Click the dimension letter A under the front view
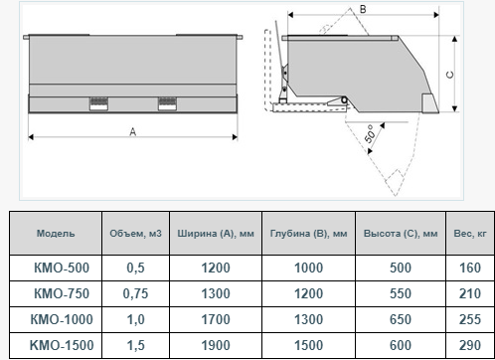[133, 132]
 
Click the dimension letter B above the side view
[363, 9]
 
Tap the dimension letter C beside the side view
[450, 75]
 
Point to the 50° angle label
[371, 134]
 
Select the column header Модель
[56, 234]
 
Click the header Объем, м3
[135, 234]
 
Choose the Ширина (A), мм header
[216, 234]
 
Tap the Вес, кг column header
[470, 234]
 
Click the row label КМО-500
[62, 268]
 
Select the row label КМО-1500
[62, 345]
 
